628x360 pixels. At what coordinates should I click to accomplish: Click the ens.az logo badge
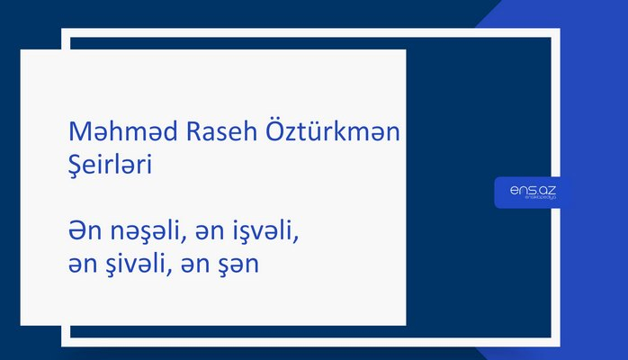(532, 192)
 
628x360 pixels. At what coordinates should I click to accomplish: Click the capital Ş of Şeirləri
(76, 167)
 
